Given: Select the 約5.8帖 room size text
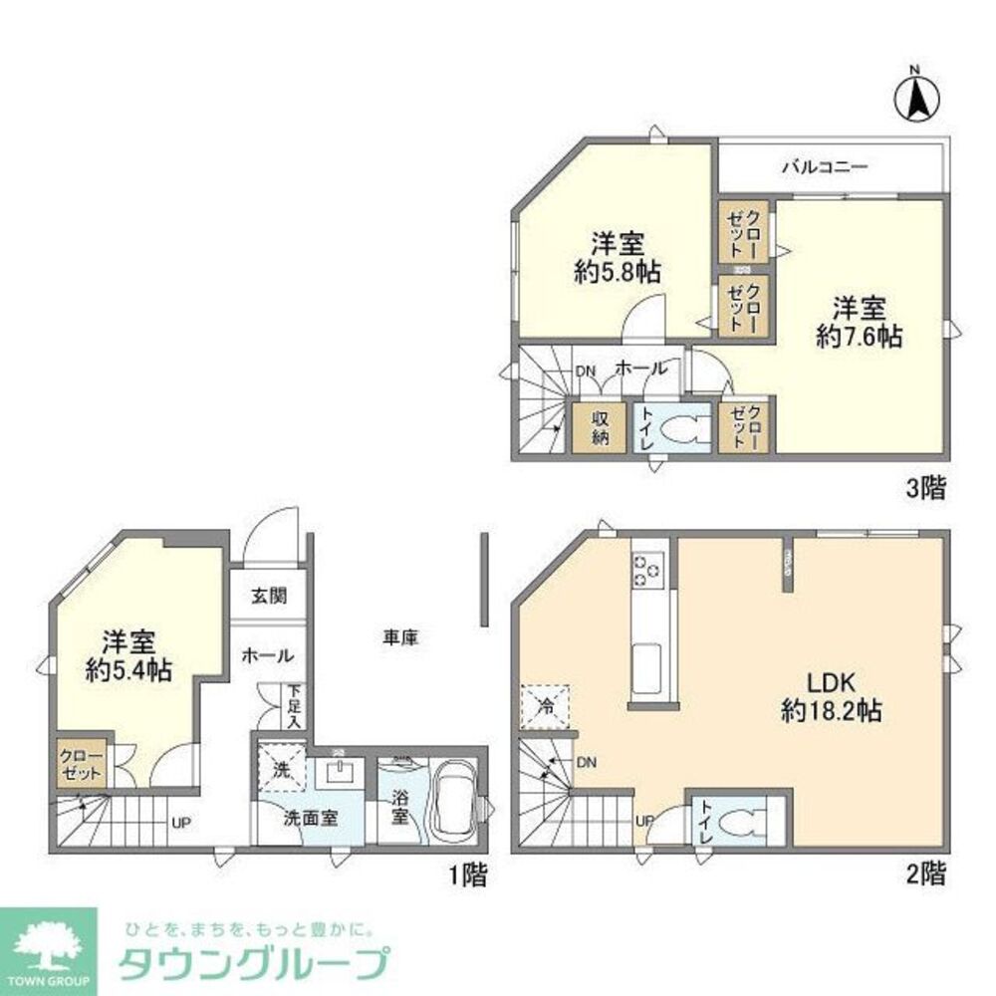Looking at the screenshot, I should [x=619, y=271].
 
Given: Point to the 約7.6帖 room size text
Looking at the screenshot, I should [x=859, y=337].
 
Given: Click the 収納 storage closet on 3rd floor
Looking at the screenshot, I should [x=597, y=429].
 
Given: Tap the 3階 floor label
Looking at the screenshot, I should [x=926, y=489].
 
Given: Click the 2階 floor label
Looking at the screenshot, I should [x=926, y=873].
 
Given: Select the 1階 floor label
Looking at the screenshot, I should [x=467, y=875].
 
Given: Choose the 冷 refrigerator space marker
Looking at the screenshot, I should [x=546, y=707].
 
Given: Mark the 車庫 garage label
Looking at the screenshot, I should [x=396, y=637].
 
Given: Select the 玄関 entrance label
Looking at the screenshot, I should [x=268, y=597].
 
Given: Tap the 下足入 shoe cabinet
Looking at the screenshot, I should [x=296, y=704].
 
